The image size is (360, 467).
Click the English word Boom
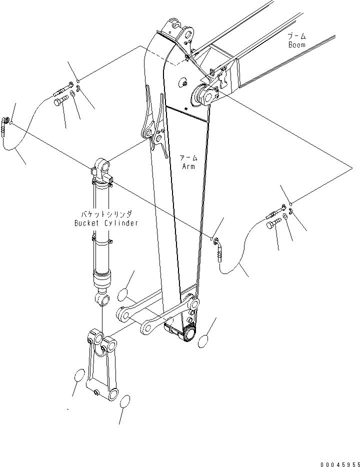[x=296, y=44]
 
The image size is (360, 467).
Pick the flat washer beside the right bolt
[x=284, y=215]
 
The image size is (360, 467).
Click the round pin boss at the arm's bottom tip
[x=190, y=334]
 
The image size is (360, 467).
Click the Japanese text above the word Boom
[x=298, y=36]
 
